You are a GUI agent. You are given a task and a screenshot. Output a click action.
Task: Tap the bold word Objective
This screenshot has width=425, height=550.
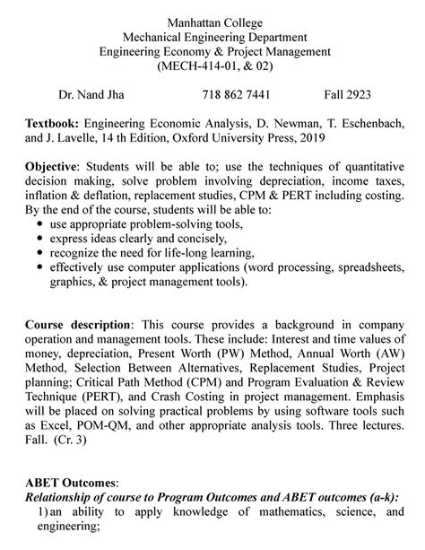pos(52,168)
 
